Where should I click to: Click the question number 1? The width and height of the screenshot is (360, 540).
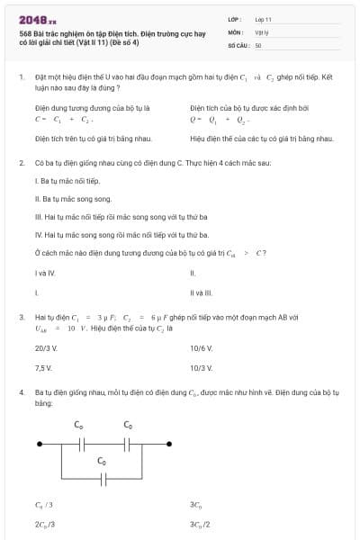(21, 78)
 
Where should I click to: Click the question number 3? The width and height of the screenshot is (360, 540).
(21, 318)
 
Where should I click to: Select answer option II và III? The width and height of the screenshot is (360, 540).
(200, 292)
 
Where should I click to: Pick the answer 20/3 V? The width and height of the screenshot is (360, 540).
(46, 347)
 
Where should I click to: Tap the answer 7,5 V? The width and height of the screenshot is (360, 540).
(43, 368)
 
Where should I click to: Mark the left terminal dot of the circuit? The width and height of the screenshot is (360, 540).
(38, 445)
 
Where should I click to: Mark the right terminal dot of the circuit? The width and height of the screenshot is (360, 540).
(178, 445)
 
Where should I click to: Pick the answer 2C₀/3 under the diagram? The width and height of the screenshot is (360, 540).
(45, 524)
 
